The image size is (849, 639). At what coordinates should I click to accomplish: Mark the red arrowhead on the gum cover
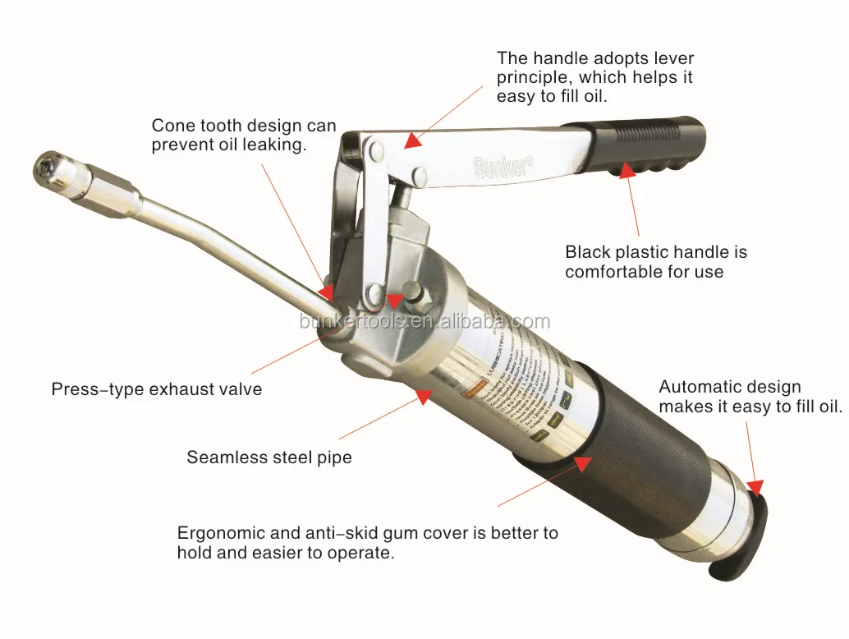coord(582,465)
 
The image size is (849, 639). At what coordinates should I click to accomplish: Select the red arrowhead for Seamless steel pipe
coord(424,397)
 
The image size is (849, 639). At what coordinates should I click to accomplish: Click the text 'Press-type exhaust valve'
coord(157,389)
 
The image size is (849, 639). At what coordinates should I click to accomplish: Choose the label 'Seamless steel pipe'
coord(269,457)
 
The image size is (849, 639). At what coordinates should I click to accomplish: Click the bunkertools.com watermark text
coord(424,320)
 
